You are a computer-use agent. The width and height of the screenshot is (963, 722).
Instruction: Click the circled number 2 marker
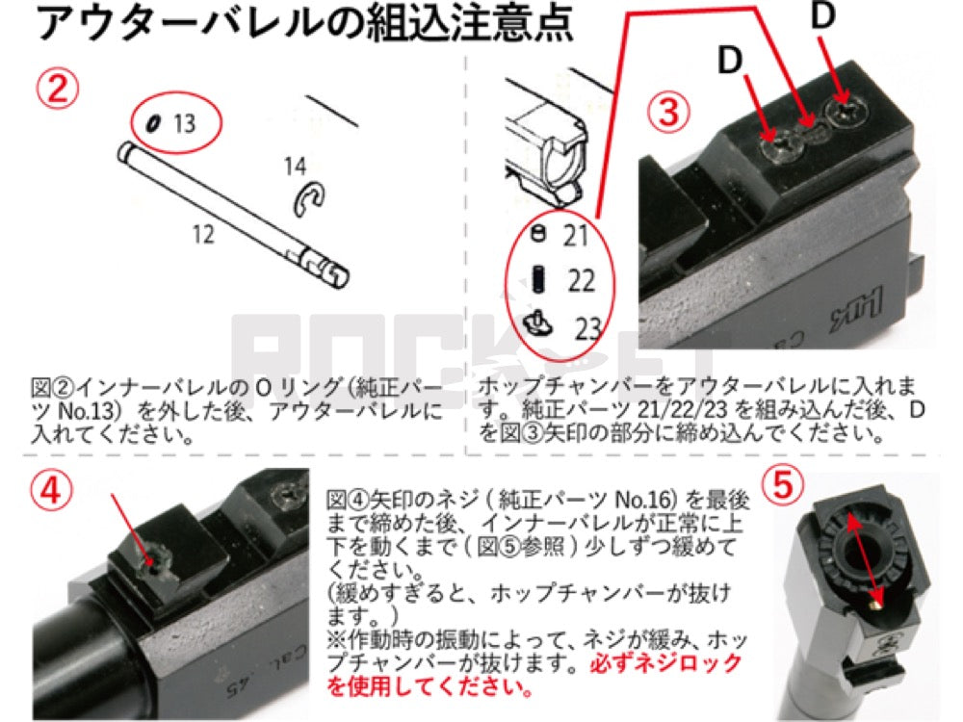[58, 90]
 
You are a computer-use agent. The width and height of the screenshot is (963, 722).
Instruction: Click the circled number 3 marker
[667, 113]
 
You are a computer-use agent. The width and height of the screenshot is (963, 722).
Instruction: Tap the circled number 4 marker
[57, 490]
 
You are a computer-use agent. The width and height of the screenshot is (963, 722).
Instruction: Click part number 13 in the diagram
[183, 123]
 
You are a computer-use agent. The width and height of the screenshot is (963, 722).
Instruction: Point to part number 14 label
[295, 167]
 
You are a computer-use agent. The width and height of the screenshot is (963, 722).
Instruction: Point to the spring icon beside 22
[540, 280]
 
